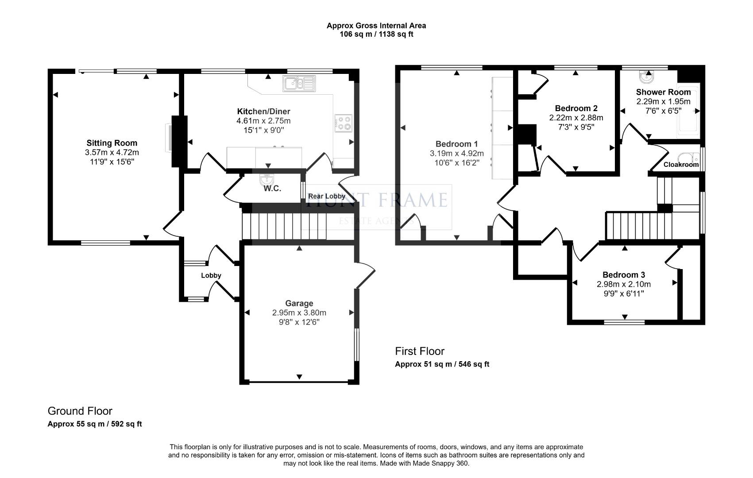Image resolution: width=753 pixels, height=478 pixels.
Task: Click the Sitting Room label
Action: click(x=112, y=143)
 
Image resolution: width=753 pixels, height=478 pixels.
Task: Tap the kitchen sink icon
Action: click(x=299, y=83)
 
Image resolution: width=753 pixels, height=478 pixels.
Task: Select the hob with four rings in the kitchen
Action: click(x=344, y=123)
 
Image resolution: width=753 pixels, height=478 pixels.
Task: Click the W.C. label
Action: click(x=272, y=189)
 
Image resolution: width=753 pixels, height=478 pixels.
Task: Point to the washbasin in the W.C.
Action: click(x=268, y=179)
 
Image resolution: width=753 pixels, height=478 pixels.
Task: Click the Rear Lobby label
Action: click(x=327, y=196)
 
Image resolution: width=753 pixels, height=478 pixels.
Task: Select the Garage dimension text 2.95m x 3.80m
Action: click(x=299, y=312)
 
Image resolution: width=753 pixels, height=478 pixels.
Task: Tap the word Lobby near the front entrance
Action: click(x=211, y=275)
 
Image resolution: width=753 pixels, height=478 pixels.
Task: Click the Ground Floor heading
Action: click(x=80, y=411)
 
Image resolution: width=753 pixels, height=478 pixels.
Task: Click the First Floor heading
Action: click(x=419, y=351)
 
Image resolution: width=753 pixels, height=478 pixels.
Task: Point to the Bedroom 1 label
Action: click(x=456, y=144)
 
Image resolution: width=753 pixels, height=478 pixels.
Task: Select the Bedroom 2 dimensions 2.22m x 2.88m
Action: click(x=576, y=118)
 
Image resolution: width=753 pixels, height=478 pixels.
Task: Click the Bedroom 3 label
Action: click(x=623, y=275)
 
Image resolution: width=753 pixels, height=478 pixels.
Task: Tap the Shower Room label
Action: click(x=663, y=92)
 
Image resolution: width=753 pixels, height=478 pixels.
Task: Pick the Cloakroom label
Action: click(x=681, y=165)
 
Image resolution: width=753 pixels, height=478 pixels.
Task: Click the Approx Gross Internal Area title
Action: click(x=376, y=26)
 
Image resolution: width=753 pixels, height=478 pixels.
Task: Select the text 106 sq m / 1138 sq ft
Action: click(x=376, y=34)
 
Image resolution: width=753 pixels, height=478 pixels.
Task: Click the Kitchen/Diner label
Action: click(x=263, y=111)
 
